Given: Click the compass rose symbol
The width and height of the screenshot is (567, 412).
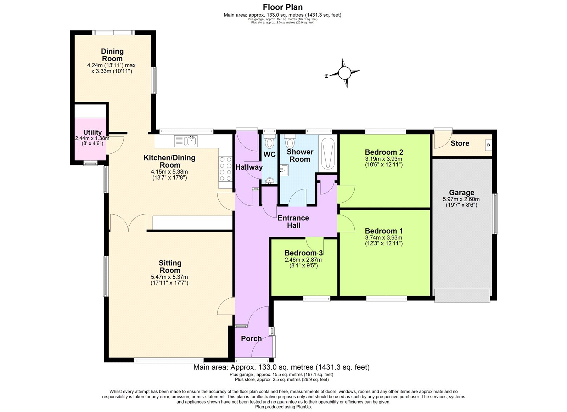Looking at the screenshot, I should point(344,73).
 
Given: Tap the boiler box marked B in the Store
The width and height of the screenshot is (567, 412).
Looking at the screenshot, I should point(488,145).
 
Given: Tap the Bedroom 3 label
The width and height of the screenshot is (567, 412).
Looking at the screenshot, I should point(303,253).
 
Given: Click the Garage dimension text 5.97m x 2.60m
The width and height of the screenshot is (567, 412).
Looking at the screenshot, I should point(461,199).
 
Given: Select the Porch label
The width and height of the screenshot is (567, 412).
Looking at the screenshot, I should point(251,339).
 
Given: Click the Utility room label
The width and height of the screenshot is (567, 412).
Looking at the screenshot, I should point(92,132).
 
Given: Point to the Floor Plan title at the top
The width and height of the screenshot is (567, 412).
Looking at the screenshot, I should point(282,7).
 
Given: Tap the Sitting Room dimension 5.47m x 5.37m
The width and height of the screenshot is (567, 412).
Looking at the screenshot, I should point(169,277).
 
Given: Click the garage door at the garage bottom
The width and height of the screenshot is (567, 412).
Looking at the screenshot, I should point(462,295).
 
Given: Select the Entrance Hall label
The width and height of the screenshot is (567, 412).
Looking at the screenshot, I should point(293,222).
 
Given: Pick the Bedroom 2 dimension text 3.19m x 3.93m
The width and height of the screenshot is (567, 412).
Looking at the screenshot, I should point(384,159).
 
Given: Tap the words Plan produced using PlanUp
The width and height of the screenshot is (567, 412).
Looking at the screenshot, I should point(283,407).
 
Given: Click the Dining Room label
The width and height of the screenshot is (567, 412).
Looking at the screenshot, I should point(112,55).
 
